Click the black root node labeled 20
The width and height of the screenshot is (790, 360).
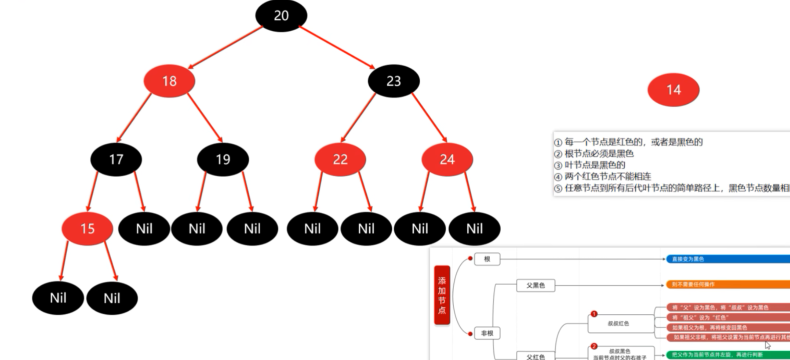[x=281, y=16]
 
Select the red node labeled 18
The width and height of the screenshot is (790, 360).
[x=169, y=81]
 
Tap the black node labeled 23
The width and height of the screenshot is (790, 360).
[x=393, y=81]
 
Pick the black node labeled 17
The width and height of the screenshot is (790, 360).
[x=116, y=159]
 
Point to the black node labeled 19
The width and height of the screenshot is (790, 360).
[x=223, y=159]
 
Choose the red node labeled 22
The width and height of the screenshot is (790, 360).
[x=340, y=159]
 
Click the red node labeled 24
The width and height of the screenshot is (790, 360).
[x=447, y=159]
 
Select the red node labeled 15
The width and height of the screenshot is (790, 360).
[x=87, y=229]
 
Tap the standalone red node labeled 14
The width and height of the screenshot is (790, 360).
[x=673, y=90]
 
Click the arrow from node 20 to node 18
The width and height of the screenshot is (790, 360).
[x=225, y=47]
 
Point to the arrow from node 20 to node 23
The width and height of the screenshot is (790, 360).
[x=337, y=47]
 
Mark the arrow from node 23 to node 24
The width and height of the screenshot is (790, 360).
[x=429, y=117]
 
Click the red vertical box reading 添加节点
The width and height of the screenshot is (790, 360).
[x=442, y=295]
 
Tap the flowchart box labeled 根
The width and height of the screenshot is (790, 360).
[x=487, y=259]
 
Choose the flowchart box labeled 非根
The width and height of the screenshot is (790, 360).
[x=487, y=333]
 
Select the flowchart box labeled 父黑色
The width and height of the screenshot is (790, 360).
[x=535, y=285]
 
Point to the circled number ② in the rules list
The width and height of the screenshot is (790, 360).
[x=558, y=154]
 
